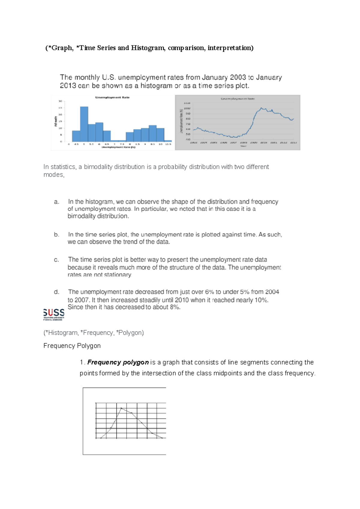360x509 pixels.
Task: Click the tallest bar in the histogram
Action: pos(84,124)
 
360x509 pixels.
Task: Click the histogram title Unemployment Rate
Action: pos(112,97)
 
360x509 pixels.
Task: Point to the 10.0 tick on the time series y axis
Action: pos(187,108)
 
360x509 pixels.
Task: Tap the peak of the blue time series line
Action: pos(261,108)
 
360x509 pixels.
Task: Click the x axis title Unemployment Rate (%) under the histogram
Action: pos(118,147)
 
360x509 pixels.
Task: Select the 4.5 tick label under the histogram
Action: pos(76,144)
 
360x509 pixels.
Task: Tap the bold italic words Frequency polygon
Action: pos(118,362)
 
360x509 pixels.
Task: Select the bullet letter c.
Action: pos(56,260)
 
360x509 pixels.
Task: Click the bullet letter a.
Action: pos(56,202)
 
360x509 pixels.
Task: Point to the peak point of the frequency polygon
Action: pos(121,408)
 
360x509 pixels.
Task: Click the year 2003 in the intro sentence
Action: pos(238,77)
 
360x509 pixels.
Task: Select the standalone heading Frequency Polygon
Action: pos(72,346)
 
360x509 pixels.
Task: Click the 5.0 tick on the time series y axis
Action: pos(188,134)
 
